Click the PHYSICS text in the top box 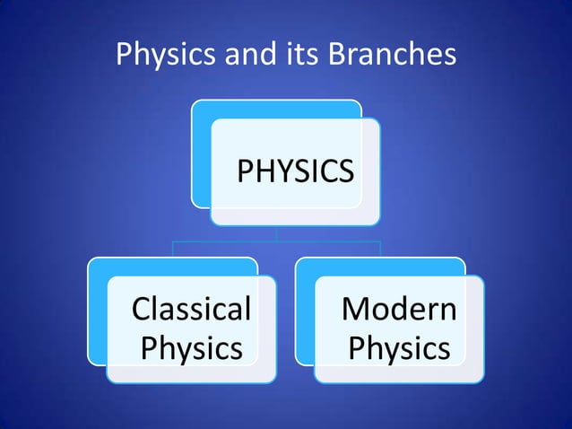click(x=295, y=171)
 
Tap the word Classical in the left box click(x=191, y=310)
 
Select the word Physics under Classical click(x=192, y=347)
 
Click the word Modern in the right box click(x=399, y=310)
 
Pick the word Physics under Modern click(x=399, y=347)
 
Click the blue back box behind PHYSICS click(x=201, y=153)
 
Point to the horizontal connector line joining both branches click(x=277, y=241)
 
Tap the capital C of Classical click(x=141, y=310)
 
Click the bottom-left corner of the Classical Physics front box click(x=108, y=381)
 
